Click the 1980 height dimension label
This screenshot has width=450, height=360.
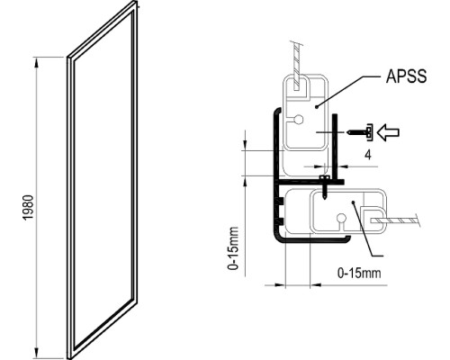[28, 208]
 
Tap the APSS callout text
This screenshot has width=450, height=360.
[406, 76]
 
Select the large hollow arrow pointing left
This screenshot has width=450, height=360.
[388, 132]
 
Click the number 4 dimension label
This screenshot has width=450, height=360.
[368, 155]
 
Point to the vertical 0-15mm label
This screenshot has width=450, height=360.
[233, 248]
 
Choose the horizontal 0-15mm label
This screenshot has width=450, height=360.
[359, 273]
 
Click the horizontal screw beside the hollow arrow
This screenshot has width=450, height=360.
[359, 132]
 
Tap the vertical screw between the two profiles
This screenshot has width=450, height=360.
[324, 187]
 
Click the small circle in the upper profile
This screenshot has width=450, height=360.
[299, 120]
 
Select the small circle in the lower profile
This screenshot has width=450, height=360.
[341, 217]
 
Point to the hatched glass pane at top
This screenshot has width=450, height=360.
[296, 67]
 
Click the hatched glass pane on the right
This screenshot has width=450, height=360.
[395, 220]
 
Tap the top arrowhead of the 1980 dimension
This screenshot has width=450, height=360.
[37, 62]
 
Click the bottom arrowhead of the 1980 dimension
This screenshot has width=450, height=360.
[37, 353]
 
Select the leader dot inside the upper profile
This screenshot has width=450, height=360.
[317, 106]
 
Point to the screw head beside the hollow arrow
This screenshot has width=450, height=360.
[370, 132]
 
